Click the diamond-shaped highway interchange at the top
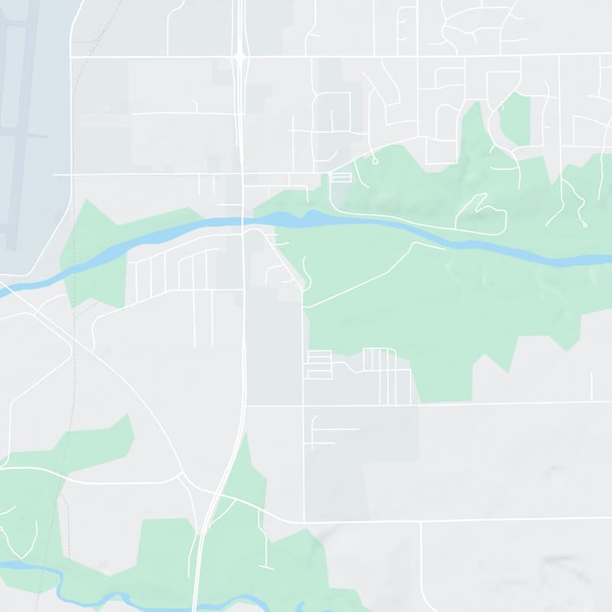[x=240, y=56]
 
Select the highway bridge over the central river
[x=242, y=222]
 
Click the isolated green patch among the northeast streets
[x=514, y=119]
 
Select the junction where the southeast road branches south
[x=422, y=522]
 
